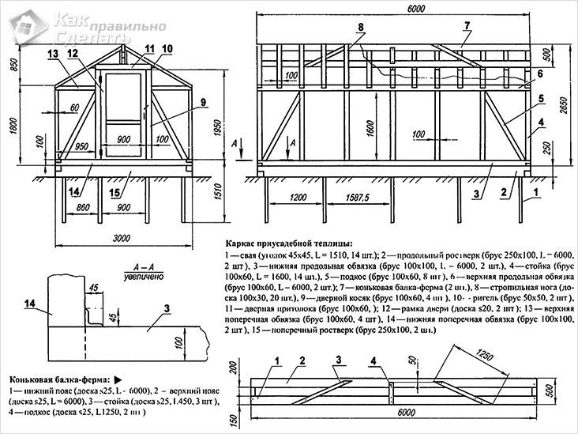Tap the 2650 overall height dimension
pos(565,101)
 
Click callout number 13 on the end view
pos(52,54)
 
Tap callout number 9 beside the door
pos(203,102)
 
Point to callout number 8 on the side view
pos(360,28)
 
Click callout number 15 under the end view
pos(117,193)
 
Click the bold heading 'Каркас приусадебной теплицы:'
pos(288,243)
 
